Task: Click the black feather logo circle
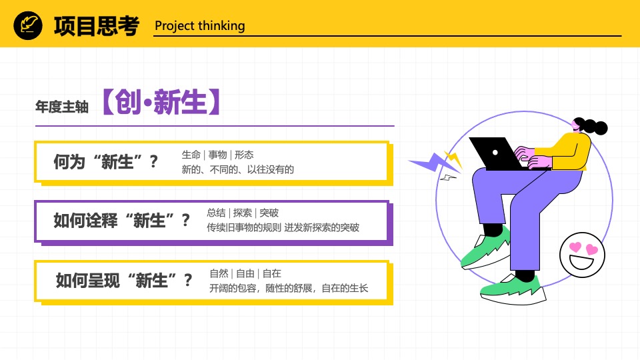click(x=28, y=25)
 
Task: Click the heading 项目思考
click(x=97, y=26)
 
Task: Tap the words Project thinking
click(x=200, y=26)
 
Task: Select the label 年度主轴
click(x=62, y=107)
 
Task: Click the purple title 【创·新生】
click(x=161, y=101)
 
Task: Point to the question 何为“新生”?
click(x=106, y=162)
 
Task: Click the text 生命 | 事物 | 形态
click(x=217, y=155)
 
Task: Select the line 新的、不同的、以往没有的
click(x=237, y=169)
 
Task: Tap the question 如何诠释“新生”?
click(x=121, y=221)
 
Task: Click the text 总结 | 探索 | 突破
click(x=243, y=213)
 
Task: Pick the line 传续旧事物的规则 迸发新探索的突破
click(x=283, y=227)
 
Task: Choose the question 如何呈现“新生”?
click(x=124, y=281)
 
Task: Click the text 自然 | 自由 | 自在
click(x=245, y=273)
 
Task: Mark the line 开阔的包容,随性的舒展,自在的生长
click(x=289, y=288)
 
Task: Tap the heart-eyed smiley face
click(x=582, y=255)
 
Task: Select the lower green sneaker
click(x=513, y=289)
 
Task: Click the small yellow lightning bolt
click(x=454, y=159)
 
